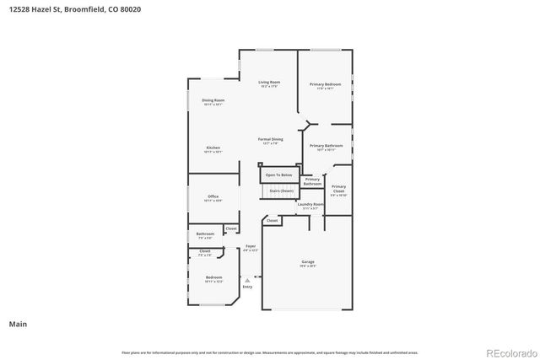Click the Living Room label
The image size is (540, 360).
point(269,82)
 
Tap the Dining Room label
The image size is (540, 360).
point(213,100)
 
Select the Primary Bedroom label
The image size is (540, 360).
point(325,84)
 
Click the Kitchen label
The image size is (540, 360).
point(213,148)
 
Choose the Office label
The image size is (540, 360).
point(213,196)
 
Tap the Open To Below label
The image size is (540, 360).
point(278,175)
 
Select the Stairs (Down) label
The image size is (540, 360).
point(281,191)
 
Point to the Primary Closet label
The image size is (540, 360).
point(338,188)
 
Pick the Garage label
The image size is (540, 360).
point(308,262)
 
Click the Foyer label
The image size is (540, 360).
point(250,245)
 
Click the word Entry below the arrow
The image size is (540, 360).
point(247,287)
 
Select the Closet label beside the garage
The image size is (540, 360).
point(272,221)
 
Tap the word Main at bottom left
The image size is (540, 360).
point(18,323)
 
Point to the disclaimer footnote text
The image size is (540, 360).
point(270,352)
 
